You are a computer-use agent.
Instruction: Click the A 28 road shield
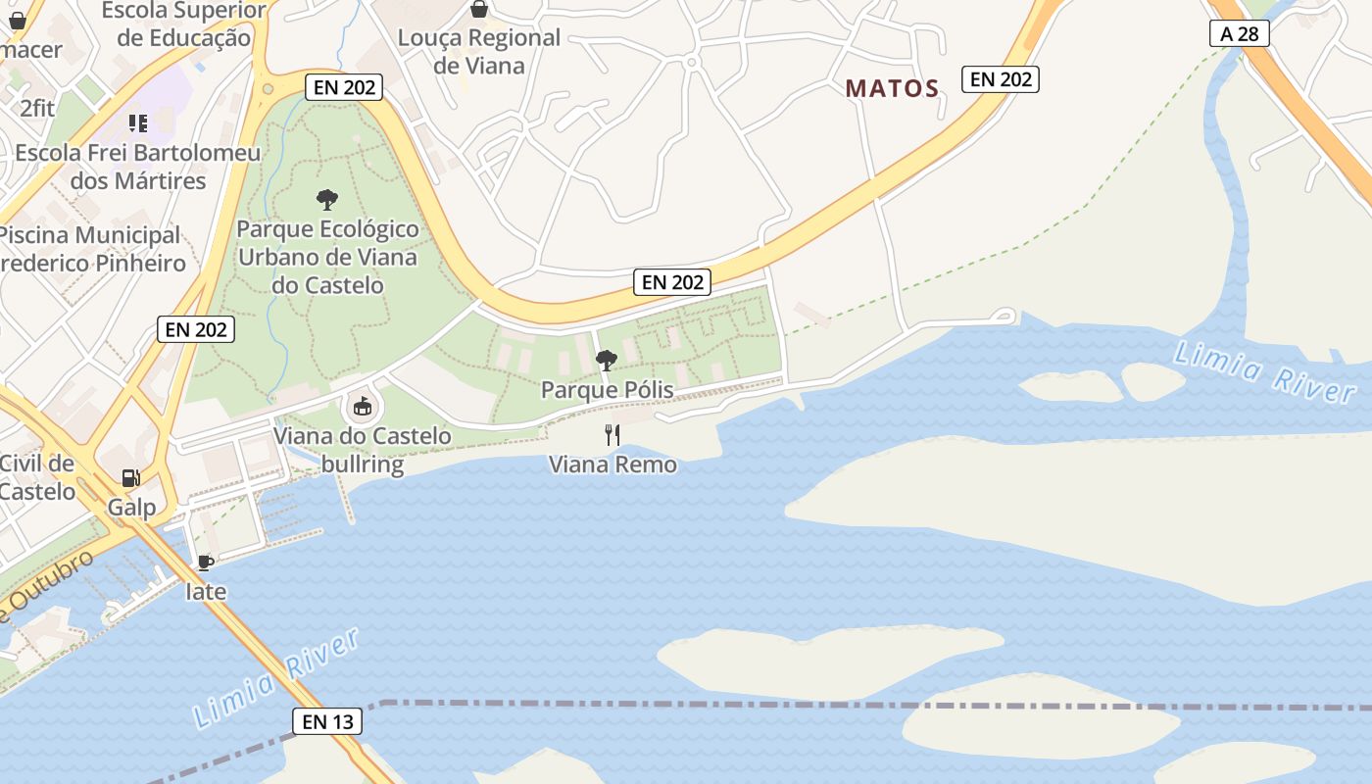tap(1239, 33)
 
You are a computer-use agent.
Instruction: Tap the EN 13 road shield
tap(327, 722)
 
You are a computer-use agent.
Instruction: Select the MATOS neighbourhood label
tap(892, 88)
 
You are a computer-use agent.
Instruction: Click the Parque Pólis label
tap(607, 390)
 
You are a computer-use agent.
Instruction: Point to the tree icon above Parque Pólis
tap(607, 360)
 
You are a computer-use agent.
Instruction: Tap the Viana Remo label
tap(612, 464)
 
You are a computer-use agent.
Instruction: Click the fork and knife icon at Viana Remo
tap(612, 434)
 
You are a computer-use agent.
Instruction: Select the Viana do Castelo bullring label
tap(363, 450)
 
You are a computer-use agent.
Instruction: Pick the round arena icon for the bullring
tap(362, 406)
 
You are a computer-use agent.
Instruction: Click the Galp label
tap(132, 507)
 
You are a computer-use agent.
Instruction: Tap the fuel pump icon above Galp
tap(130, 477)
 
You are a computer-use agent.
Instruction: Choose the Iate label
tap(206, 591)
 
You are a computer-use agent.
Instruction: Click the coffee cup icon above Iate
tap(205, 563)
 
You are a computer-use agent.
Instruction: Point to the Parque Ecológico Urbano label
tap(328, 257)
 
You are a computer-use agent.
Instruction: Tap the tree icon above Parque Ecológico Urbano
tap(327, 200)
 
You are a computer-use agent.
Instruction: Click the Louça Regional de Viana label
tap(479, 51)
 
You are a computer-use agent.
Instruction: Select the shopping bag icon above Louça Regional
tap(479, 9)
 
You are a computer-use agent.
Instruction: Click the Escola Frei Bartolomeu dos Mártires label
tap(138, 167)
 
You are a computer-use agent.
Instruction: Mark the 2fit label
tap(37, 108)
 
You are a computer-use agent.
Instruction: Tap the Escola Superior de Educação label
tap(184, 24)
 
